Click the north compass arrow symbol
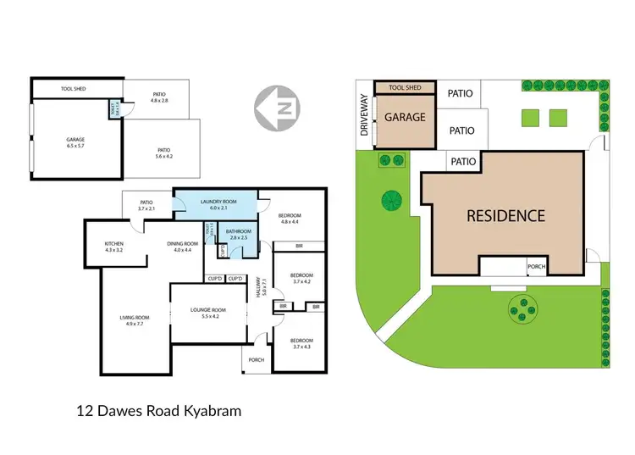pyautogui.click(x=277, y=109)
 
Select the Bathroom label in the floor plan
pyautogui.click(x=238, y=234)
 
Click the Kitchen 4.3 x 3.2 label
pyautogui.click(x=113, y=247)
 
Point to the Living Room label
pyautogui.click(x=134, y=321)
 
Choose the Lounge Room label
pyautogui.click(x=205, y=313)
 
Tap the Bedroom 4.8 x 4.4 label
pyautogui.click(x=290, y=219)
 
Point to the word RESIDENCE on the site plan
pyautogui.click(x=506, y=215)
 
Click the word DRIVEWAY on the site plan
pyautogui.click(x=365, y=116)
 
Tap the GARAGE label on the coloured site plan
pyautogui.click(x=406, y=118)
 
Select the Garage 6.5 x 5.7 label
pyautogui.click(x=77, y=142)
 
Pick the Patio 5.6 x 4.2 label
pyautogui.click(x=163, y=153)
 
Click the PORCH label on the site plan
pyautogui.click(x=536, y=267)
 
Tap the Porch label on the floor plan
pyautogui.click(x=256, y=360)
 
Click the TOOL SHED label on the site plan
pyautogui.click(x=405, y=88)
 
